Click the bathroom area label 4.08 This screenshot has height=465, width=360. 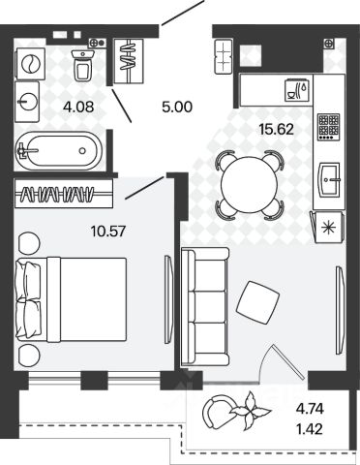pos(78,107)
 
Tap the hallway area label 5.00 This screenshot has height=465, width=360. pos(177,107)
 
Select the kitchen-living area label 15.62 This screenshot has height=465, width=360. pos(277,130)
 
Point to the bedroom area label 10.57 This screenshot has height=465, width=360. pos(108,232)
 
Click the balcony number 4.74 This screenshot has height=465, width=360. pos(310,409)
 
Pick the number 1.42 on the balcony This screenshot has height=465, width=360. pos(310,429)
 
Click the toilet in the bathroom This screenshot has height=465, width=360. pos(83,65)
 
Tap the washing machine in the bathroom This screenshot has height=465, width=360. pos(30,64)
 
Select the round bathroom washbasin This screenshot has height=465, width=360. pos(27,102)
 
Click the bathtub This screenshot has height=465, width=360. pos(59,150)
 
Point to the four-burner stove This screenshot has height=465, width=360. pos(329,127)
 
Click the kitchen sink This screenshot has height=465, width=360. pos(330,180)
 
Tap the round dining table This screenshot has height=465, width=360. pos(250,185)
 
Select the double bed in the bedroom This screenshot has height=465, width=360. pos(71,299)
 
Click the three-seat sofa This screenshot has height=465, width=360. pos(205,307)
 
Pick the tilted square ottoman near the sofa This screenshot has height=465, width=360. pos(258,302)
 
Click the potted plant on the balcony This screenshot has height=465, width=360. pos(250,411)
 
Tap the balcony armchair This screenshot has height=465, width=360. pos(217,413)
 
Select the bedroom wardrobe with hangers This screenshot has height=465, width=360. pos(64,194)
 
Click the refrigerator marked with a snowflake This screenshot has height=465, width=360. pos(329,227)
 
